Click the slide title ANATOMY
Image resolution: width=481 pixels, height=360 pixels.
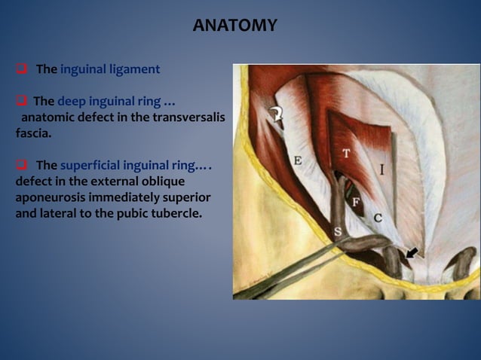(x=234, y=26)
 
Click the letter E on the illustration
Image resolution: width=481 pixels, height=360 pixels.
(x=298, y=160)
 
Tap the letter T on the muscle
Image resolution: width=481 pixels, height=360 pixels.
(x=346, y=154)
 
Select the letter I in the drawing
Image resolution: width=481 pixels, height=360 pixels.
(x=382, y=170)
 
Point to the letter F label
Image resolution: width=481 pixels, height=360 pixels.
(x=355, y=201)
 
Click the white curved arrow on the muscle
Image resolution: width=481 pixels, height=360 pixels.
(x=276, y=115)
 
